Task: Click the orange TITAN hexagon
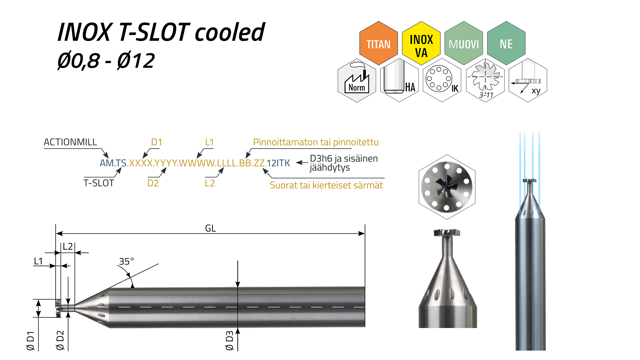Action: (x=378, y=43)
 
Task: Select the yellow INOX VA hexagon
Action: (x=421, y=43)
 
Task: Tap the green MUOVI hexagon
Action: (x=464, y=43)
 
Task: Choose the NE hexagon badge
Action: (x=506, y=43)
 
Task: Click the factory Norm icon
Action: (x=357, y=80)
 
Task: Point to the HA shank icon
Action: (x=399, y=80)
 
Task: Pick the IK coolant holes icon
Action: (x=442, y=80)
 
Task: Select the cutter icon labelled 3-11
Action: (x=485, y=80)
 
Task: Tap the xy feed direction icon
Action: (x=528, y=80)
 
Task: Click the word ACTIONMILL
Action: (x=70, y=142)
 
